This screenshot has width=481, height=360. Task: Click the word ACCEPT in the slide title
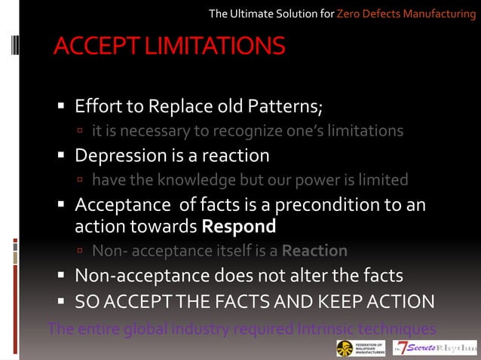tap(97, 46)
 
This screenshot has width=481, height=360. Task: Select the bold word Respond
tap(239, 226)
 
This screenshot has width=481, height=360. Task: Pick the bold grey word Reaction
tap(315, 251)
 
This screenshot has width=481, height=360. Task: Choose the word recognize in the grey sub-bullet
tap(251, 131)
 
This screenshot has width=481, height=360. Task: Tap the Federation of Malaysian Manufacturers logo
tap(361, 348)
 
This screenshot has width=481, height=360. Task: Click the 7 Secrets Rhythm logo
tap(435, 348)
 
